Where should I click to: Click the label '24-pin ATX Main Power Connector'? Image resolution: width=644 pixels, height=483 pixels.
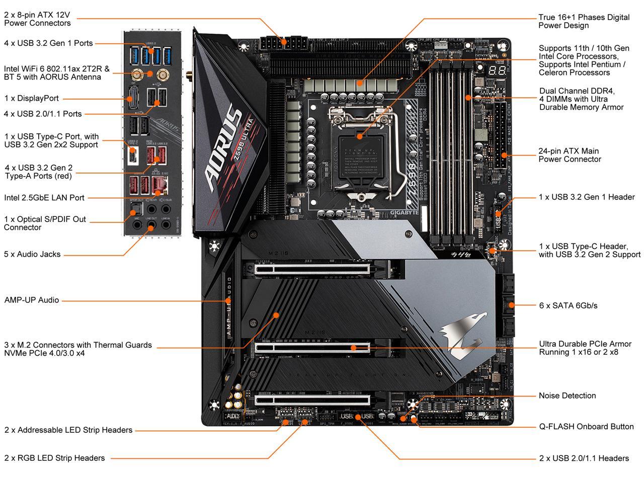click(570, 155)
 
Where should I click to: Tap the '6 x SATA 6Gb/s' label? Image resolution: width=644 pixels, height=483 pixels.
click(568, 305)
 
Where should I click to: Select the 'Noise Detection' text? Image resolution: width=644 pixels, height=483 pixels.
click(567, 395)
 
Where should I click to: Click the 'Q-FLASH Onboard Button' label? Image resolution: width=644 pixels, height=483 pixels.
click(586, 426)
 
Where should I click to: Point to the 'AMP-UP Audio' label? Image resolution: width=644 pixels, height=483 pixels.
click(32, 300)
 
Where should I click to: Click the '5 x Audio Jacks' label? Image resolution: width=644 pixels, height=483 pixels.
click(32, 254)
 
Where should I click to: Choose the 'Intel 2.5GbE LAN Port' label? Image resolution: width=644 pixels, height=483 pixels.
click(44, 198)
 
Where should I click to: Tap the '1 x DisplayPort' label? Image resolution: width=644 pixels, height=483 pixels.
click(32, 99)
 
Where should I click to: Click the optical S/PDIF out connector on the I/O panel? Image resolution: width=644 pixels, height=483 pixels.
click(135, 208)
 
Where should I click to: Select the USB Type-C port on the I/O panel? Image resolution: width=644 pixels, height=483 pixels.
click(133, 156)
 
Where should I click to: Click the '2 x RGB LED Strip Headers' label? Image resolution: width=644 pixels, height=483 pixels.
click(55, 458)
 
